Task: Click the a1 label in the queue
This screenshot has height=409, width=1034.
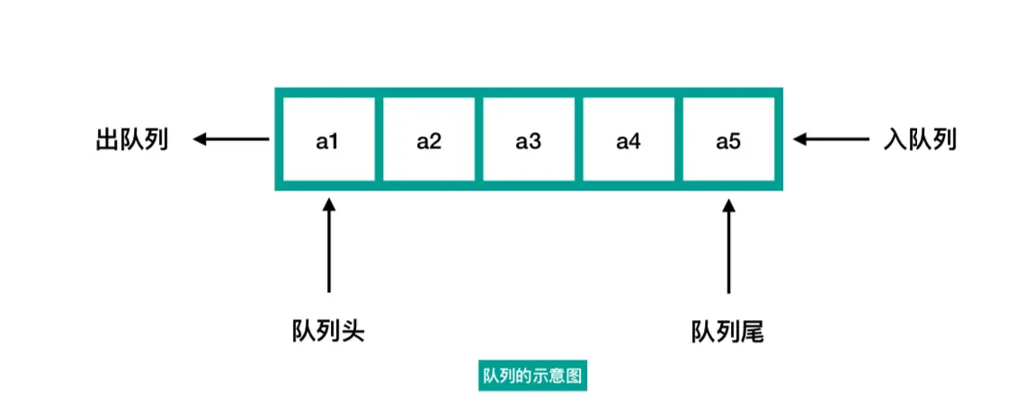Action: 327,140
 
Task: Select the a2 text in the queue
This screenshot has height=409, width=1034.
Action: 429,140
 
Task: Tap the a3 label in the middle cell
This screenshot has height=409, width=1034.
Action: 528,140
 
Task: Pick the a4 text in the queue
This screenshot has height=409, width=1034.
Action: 628,140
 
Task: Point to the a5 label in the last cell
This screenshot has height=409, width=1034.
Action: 728,140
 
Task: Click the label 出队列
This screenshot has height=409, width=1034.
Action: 132,140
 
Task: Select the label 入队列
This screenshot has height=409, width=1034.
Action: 920,140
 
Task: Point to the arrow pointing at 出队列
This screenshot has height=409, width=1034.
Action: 231,139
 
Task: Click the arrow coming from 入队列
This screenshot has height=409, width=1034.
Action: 832,139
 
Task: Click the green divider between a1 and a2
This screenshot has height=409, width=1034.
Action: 379,139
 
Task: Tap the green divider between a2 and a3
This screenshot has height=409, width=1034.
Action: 478,139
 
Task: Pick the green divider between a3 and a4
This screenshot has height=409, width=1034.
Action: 578,139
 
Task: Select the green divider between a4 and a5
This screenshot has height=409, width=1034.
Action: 678,139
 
